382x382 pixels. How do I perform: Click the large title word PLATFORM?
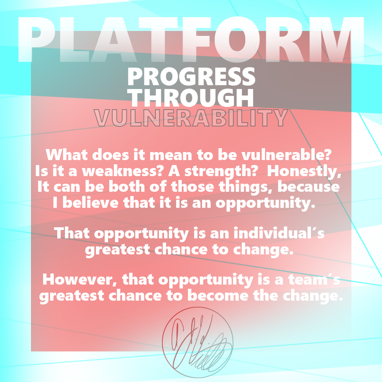pos(191,39)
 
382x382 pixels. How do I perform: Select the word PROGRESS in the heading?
pos(191,77)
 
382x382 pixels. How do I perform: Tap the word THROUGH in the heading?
pos(192,97)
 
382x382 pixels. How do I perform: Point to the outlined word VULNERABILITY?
pos(191,118)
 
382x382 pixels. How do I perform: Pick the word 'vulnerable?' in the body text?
pos(286,155)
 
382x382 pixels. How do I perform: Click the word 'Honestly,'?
pos(304,172)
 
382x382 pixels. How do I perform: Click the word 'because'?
pos(308,187)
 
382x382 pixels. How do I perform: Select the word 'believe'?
pos(91,202)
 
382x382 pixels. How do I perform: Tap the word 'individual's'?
pos(279,233)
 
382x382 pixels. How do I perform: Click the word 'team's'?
pos(314,280)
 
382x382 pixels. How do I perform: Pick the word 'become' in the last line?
pos(218,296)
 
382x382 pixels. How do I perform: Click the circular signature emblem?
pos(197,342)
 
